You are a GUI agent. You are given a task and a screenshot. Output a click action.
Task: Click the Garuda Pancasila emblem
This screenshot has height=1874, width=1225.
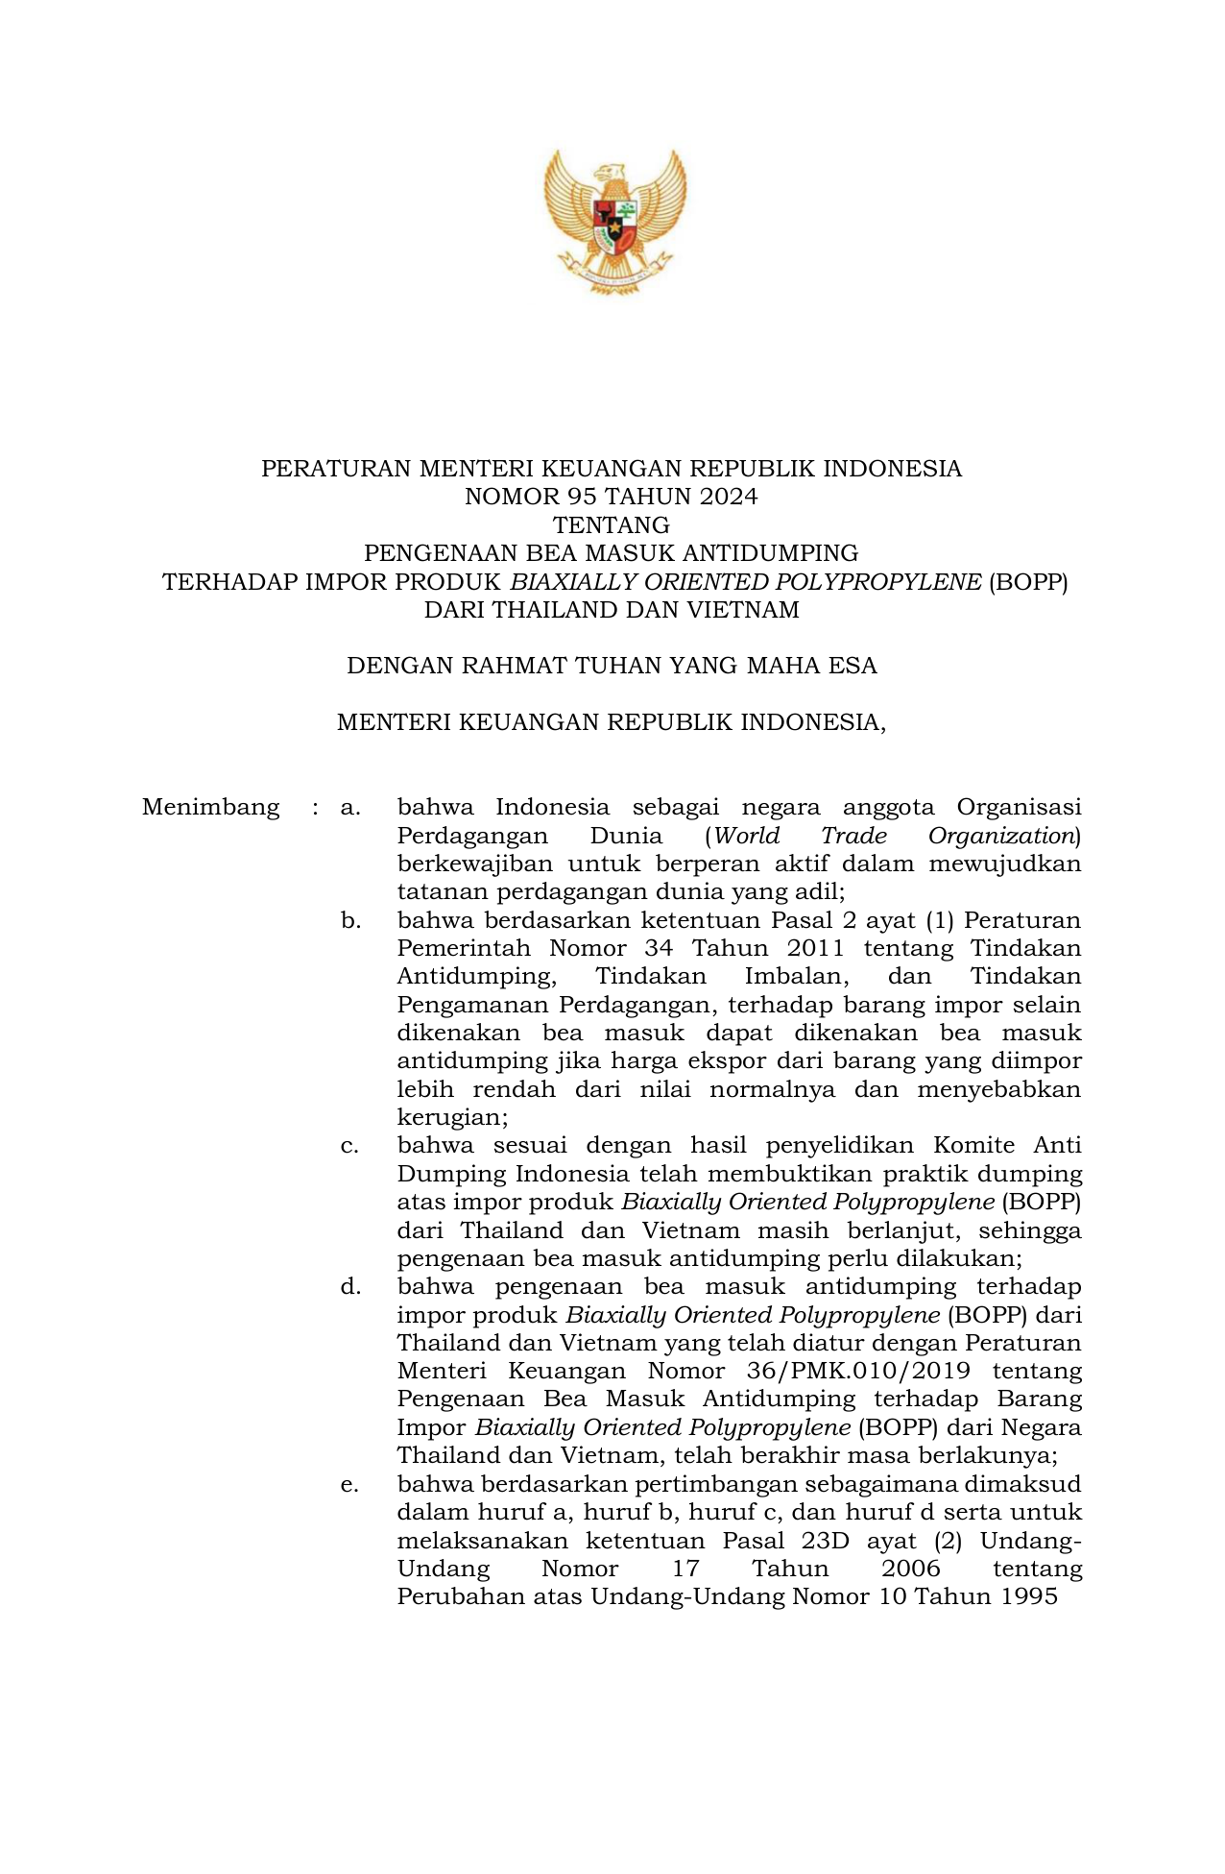pos(614,220)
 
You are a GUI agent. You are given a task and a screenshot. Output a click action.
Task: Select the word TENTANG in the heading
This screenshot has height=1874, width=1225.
pos(612,524)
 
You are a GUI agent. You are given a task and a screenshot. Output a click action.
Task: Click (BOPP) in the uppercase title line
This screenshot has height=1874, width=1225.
pos(1028,581)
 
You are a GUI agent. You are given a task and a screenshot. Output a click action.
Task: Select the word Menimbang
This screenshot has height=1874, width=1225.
pos(210,807)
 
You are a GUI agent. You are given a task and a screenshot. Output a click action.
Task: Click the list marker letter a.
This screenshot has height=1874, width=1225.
pos(349,807)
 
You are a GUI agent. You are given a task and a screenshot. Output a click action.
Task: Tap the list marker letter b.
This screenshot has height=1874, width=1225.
pos(350,920)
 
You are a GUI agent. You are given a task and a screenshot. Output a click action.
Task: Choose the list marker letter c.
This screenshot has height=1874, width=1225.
pos(349,1146)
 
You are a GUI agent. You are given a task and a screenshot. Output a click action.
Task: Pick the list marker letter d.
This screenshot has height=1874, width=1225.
pos(350,1287)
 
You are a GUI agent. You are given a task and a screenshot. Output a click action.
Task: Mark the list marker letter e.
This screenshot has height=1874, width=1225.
pos(349,1484)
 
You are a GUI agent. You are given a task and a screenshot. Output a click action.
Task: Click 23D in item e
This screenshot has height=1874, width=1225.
pos(819,1541)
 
